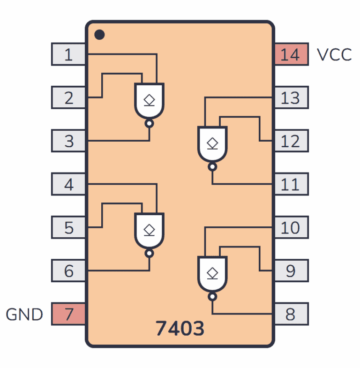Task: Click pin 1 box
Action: coord(68,54)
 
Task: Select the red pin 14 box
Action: coord(291,54)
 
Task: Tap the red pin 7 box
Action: coord(68,314)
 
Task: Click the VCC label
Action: coord(334,54)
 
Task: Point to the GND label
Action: coord(24,314)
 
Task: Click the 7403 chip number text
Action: coord(180,329)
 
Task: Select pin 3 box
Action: coord(68,141)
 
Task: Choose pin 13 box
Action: coord(291,98)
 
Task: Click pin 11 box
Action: coord(291,184)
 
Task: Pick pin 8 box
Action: coord(291,314)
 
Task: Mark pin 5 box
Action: coord(68,227)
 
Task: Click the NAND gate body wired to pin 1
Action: coord(150,100)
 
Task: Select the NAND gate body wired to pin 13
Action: coord(212,143)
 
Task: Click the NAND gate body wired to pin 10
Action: coord(212,273)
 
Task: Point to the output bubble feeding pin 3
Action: coord(150,124)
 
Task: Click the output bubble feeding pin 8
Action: coord(212,297)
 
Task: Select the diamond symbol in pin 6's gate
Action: coord(150,229)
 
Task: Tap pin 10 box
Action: coord(291,227)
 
